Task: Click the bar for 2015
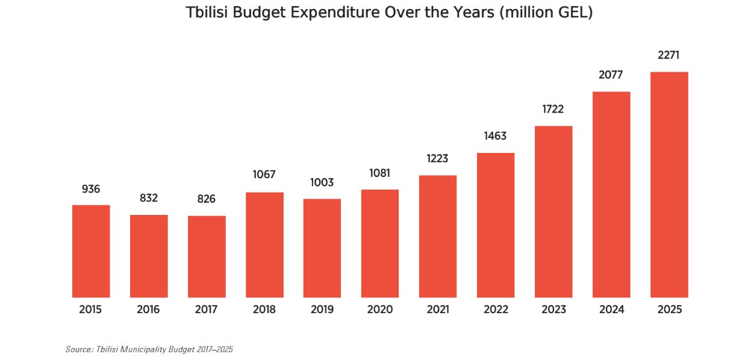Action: point(91,251)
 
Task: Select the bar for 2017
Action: point(207,256)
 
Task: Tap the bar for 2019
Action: point(322,248)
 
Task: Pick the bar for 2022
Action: point(496,225)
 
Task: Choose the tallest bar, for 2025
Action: point(669,185)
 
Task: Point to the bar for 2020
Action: point(380,243)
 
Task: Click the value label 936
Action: point(91,189)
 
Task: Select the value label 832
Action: point(149,198)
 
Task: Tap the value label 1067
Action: point(264,175)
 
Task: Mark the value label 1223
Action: point(438,158)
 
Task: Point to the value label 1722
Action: point(553,109)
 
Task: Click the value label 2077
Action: point(611,75)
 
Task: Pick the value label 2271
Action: point(669,55)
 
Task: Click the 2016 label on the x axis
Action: point(148,310)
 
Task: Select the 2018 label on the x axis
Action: point(264,310)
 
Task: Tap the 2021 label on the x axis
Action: point(438,310)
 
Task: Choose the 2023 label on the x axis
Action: point(553,310)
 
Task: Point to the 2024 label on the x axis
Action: point(611,310)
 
